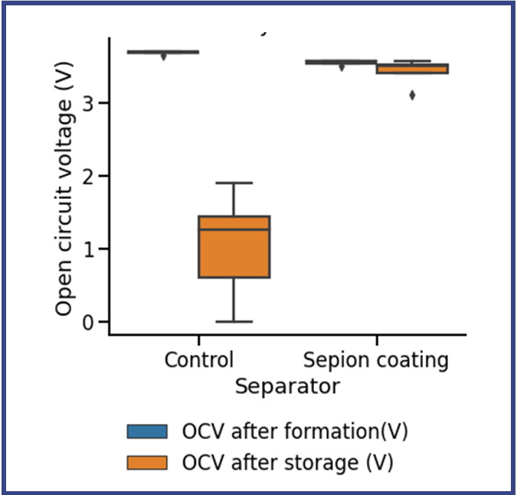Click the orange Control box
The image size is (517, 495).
234,252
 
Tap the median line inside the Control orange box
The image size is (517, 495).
234,229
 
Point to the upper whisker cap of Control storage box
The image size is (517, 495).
234,183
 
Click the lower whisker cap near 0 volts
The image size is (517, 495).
234,321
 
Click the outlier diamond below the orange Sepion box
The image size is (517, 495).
413,96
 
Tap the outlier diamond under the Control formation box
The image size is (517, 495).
163,57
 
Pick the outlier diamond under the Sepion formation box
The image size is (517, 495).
342,67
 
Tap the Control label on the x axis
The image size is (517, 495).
198,360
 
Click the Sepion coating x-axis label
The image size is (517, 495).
376,360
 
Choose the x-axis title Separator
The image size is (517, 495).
286,386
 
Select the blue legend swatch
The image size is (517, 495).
149,431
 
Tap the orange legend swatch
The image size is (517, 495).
149,462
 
